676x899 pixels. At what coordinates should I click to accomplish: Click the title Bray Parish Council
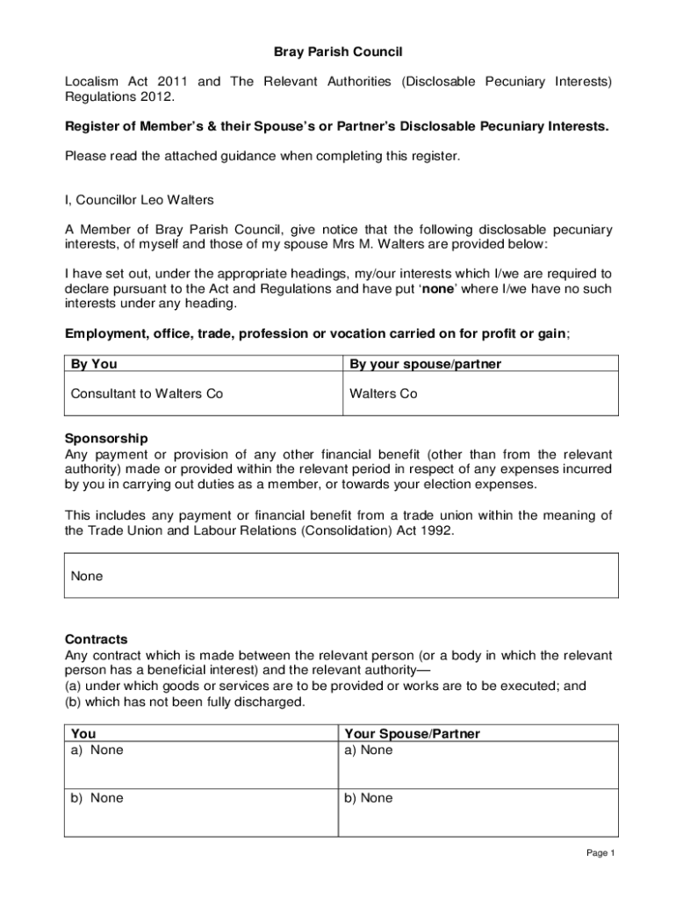338,53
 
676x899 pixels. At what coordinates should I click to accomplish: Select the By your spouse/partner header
425,364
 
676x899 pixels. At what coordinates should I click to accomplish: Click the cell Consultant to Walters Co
147,393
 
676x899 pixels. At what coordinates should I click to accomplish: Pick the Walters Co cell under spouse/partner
384,393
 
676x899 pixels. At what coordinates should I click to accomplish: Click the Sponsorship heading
106,438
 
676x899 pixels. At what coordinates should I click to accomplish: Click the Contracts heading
97,639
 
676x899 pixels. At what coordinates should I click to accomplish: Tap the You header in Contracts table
83,734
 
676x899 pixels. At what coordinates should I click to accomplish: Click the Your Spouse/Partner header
412,734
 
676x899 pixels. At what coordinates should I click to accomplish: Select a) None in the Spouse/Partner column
368,750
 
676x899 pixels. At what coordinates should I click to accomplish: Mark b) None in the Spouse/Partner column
368,798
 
